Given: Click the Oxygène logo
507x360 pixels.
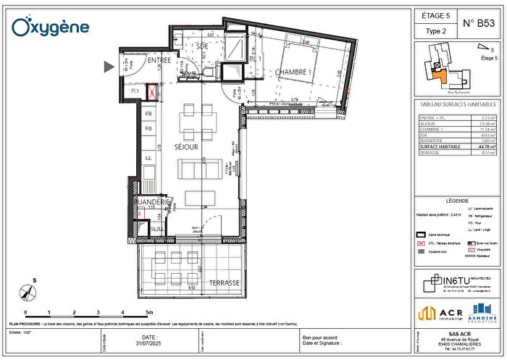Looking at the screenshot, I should (x=50, y=27).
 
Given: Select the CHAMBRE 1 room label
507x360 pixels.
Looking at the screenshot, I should (x=293, y=72).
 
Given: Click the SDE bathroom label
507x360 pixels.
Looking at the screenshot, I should (x=202, y=46).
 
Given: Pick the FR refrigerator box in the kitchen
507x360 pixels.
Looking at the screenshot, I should (x=148, y=114).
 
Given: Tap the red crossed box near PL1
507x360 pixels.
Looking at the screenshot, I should (x=153, y=92).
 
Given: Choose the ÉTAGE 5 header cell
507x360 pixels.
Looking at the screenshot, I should (x=437, y=14).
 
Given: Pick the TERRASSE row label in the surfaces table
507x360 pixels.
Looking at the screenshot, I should (x=433, y=153).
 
